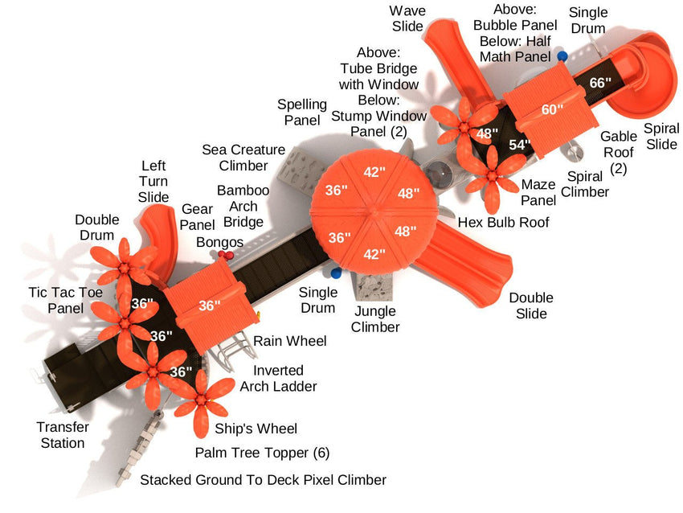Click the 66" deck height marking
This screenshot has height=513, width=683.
click(600, 82)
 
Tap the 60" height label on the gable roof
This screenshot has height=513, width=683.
click(552, 109)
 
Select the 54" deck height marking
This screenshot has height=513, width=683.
click(520, 145)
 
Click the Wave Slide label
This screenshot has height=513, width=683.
click(407, 18)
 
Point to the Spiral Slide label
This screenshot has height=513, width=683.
click(661, 136)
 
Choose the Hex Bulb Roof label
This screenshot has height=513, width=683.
click(503, 222)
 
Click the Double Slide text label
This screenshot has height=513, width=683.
click(530, 306)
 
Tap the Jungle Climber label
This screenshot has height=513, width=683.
click(375, 319)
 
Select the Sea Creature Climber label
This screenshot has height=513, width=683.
click(243, 158)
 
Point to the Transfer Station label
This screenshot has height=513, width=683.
click(63, 435)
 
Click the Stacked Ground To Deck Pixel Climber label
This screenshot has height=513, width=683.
click(263, 480)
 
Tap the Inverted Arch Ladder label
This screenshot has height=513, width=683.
click(278, 378)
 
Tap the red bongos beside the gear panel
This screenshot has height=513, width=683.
click(226, 255)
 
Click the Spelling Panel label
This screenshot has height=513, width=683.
click(301, 112)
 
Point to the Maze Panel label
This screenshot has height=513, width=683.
click(538, 192)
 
